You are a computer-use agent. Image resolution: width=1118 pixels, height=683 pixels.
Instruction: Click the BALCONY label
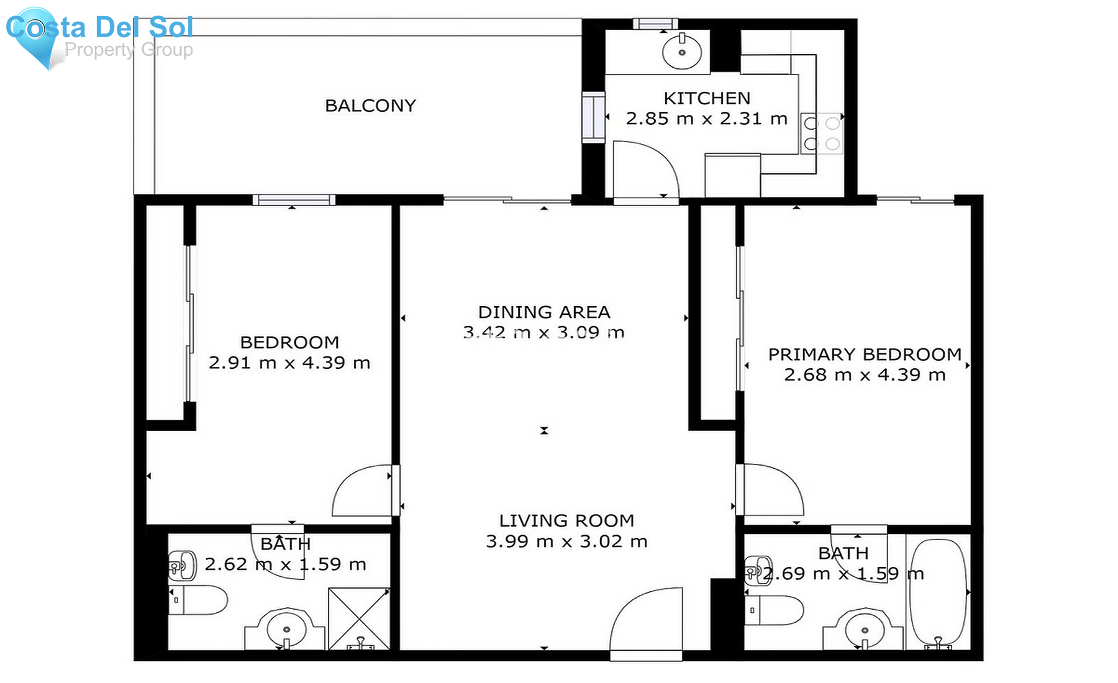[370, 106]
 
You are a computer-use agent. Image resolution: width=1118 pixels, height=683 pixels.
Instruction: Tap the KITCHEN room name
[707, 98]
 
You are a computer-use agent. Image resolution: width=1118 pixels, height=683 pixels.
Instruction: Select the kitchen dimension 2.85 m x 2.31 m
[707, 119]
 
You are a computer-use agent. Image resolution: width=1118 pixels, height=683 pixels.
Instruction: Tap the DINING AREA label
[544, 312]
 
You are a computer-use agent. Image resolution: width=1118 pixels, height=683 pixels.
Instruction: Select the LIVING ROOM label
[566, 520]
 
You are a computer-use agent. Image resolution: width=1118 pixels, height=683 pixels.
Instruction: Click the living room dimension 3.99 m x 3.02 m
[566, 541]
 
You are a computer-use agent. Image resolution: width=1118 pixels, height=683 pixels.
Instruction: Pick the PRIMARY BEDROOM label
[865, 355]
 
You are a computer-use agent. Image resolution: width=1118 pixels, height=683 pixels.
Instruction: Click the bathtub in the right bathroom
[938, 593]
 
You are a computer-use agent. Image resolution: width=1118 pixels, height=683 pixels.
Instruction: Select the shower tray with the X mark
[358, 618]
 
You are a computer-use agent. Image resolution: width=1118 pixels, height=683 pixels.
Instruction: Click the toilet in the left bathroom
[199, 600]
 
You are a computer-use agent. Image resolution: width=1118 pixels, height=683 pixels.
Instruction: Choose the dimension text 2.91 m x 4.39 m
[289, 363]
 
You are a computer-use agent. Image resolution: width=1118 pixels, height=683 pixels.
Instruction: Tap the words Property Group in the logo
[129, 50]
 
